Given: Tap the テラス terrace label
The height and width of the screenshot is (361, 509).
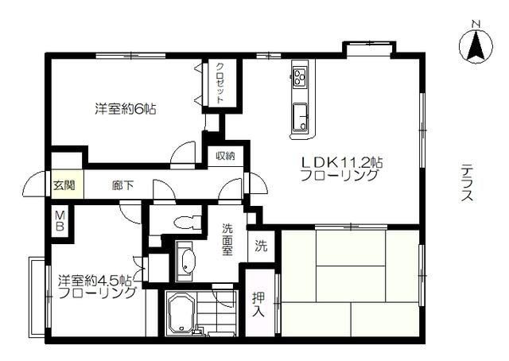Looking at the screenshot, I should click(x=467, y=184).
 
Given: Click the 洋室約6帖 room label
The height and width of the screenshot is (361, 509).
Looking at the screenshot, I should click(x=126, y=110).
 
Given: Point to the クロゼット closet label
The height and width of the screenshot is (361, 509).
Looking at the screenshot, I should click(x=220, y=82).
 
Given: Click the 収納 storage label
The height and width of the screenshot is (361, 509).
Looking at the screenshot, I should click(x=226, y=156).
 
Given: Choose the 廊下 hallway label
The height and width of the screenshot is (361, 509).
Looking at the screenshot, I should click(x=122, y=186).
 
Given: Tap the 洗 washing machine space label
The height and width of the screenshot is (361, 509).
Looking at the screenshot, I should click(x=261, y=246).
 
